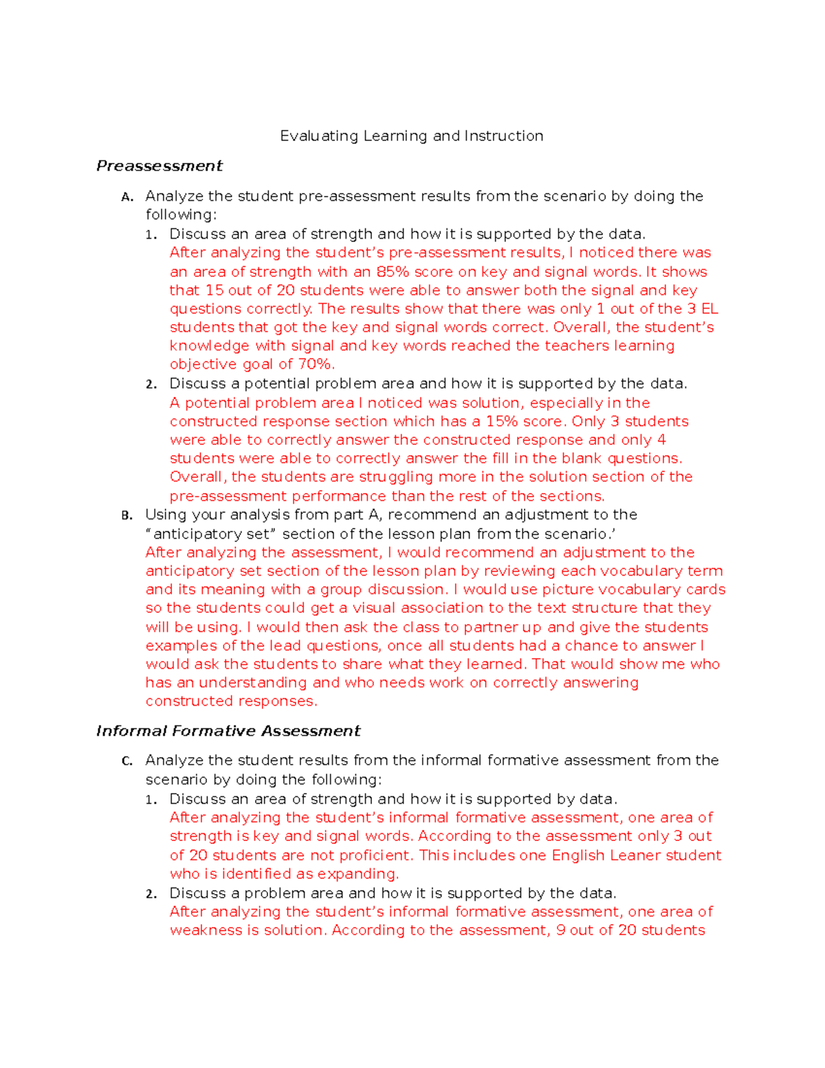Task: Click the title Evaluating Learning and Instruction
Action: pos(411,136)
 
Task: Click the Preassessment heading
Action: pos(159,166)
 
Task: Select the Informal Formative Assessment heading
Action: pos(228,731)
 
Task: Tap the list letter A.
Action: pos(126,197)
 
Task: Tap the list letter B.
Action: pos(126,516)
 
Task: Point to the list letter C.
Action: pos(126,761)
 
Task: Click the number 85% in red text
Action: pos(392,272)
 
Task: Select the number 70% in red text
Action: pos(316,364)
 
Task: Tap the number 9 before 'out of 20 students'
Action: pos(561,930)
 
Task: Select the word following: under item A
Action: pos(181,215)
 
